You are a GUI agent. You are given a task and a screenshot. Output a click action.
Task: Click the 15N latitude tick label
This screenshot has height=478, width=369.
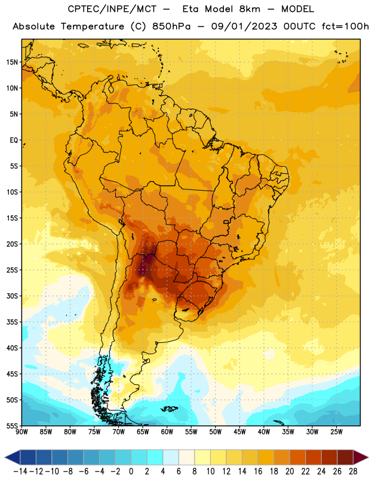tap(12, 62)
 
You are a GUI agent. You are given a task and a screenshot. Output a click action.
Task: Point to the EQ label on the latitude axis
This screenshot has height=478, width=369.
tap(14, 140)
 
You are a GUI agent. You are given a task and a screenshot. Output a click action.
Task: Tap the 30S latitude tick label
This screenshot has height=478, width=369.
tap(12, 296)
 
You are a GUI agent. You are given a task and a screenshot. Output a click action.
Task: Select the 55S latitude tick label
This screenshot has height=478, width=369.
tap(12, 426)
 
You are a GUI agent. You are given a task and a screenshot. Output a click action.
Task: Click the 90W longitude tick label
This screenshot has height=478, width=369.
tap(21, 432)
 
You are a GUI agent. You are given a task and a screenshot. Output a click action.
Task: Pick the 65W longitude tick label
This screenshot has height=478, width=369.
tap(143, 432)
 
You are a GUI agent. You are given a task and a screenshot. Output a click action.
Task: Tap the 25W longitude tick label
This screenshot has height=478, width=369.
tap(336, 432)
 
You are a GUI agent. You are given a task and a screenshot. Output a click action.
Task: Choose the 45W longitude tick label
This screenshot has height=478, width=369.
tap(239, 432)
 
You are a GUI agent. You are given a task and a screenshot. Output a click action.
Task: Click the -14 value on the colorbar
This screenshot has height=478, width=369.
tap(20, 471)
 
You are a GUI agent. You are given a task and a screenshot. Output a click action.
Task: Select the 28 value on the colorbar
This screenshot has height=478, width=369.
tap(353, 471)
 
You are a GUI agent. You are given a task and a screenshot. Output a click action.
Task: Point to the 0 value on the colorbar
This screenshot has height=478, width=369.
tap(131, 471)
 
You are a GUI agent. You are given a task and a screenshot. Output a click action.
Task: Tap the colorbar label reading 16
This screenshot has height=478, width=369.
tap(258, 471)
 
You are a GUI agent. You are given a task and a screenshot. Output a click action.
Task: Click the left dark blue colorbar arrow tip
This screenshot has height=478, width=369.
tap(5, 457)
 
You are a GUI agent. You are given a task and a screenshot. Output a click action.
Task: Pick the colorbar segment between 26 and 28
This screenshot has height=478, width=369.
tap(345, 457)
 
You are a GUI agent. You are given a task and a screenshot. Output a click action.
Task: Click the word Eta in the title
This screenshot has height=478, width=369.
tap(190, 9)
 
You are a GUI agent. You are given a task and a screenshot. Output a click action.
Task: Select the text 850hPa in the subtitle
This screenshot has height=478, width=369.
tap(171, 26)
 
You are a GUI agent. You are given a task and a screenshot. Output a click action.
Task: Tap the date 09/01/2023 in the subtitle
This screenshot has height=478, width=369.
tap(244, 26)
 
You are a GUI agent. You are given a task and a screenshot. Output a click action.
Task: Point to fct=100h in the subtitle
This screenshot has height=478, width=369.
tap(345, 26)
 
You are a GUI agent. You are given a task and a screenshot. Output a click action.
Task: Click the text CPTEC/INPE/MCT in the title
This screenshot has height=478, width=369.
tap(112, 9)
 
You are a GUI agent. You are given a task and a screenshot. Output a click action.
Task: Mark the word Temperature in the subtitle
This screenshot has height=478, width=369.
tap(93, 27)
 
